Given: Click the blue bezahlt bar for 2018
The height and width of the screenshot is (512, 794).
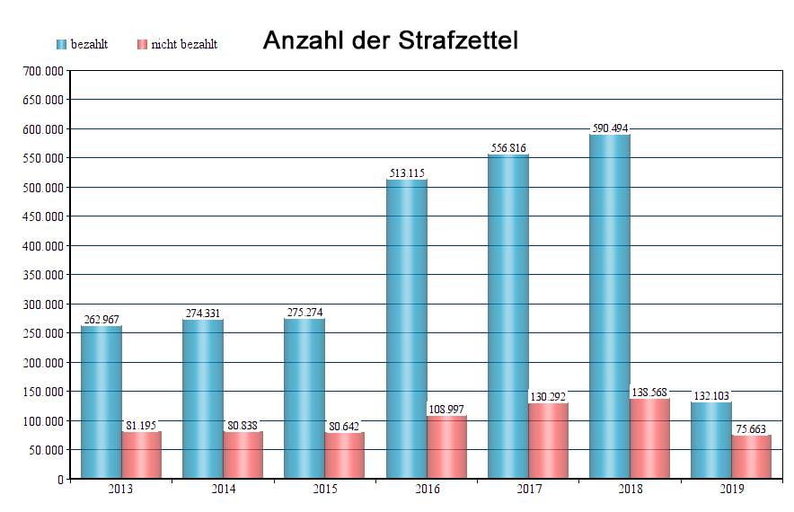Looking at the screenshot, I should (x=610, y=305).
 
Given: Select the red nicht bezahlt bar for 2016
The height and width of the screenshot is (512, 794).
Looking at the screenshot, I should (x=446, y=446).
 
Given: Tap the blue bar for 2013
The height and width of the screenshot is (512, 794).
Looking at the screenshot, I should (x=101, y=402).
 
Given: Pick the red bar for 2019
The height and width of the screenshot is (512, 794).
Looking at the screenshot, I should (x=752, y=456).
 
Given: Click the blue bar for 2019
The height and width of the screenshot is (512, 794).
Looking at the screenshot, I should (x=711, y=440).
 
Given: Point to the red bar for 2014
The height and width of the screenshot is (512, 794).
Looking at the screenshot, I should (x=243, y=455).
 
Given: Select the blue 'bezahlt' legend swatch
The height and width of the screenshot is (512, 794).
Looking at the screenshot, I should (x=62, y=44).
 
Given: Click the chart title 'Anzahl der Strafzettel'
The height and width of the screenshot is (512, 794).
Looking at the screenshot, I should (x=390, y=40).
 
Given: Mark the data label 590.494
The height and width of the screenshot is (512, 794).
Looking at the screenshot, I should (x=610, y=128).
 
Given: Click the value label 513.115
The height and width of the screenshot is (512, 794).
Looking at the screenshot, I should (x=407, y=173).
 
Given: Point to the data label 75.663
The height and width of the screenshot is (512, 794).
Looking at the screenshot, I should (x=751, y=429).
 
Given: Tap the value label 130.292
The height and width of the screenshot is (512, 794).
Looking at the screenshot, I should (x=548, y=397).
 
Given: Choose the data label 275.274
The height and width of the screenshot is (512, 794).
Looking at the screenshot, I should (x=304, y=313).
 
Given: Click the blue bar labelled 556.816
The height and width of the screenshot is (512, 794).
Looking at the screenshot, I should (x=508, y=314).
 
